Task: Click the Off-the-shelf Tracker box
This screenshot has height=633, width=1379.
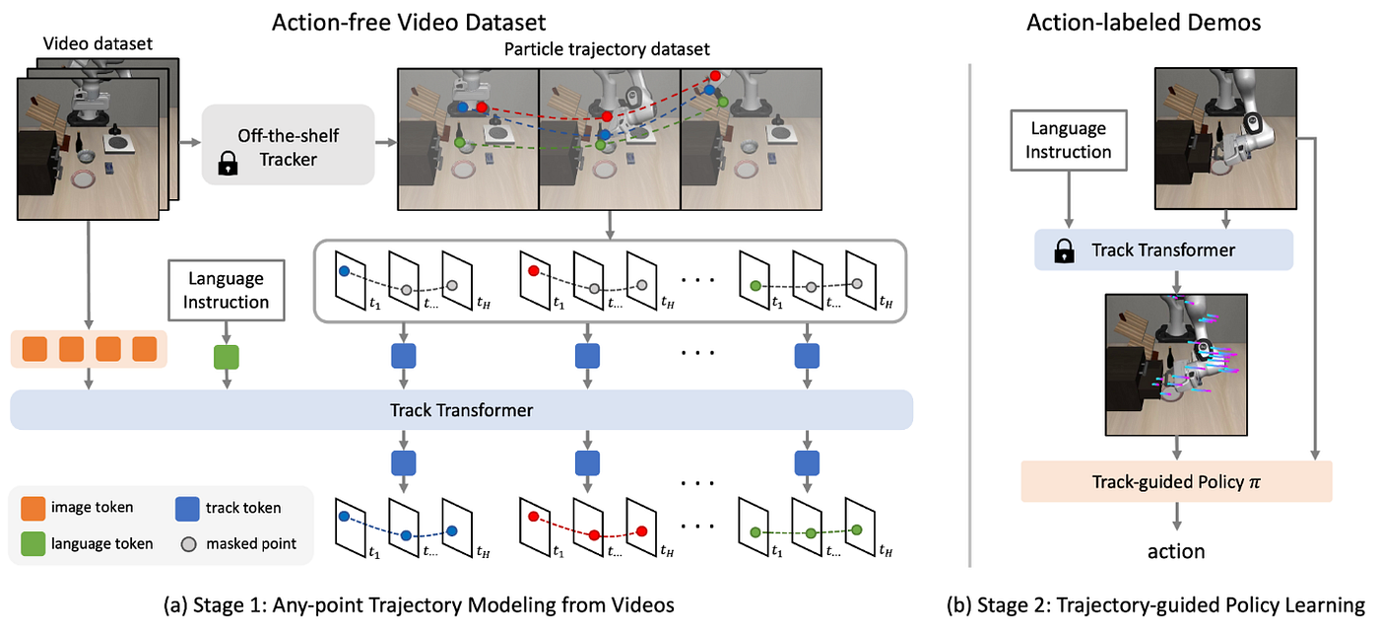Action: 288,145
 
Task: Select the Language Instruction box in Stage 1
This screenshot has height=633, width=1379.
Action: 226,290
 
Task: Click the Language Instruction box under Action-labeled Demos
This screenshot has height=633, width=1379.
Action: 1068,140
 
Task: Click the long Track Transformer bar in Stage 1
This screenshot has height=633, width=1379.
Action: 462,410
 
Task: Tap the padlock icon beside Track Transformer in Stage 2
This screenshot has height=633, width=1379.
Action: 1064,251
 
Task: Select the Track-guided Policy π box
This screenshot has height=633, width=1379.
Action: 1175,482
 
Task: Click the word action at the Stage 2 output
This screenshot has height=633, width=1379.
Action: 1176,550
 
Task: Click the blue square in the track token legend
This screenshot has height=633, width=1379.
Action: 186,508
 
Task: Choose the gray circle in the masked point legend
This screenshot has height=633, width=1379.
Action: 186,543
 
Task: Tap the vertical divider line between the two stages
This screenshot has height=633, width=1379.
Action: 970,316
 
